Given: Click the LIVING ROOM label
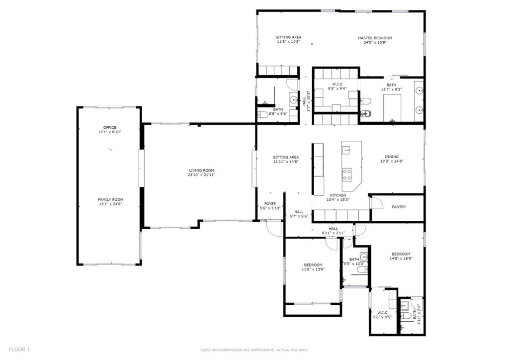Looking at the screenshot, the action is click(201, 171).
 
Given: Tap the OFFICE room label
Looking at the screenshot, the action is click(110, 128).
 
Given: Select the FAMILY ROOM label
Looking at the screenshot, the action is click(110, 199).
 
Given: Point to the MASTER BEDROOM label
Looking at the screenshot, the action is click(375, 38).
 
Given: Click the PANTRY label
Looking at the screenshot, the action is click(399, 207).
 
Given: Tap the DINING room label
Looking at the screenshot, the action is click(392, 157).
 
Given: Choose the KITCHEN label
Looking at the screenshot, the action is click(338, 195).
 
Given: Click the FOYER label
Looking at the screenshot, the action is click(270, 204).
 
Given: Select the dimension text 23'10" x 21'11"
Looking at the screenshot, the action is click(201, 175).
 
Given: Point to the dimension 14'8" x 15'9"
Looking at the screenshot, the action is click(401, 259).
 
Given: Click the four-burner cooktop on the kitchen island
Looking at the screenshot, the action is click(347, 175).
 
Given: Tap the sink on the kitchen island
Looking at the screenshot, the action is click(346, 150).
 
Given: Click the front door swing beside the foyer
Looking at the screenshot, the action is click(274, 228).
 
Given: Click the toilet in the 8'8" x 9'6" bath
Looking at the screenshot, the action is click(262, 114).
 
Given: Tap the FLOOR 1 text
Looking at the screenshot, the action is click(19, 350).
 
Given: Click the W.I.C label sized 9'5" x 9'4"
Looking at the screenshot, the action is click(338, 85).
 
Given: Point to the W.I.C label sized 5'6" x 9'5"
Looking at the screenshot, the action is click(382, 313).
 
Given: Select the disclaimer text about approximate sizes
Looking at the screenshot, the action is click(254, 350).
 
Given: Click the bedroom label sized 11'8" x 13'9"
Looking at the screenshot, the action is click(313, 265).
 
